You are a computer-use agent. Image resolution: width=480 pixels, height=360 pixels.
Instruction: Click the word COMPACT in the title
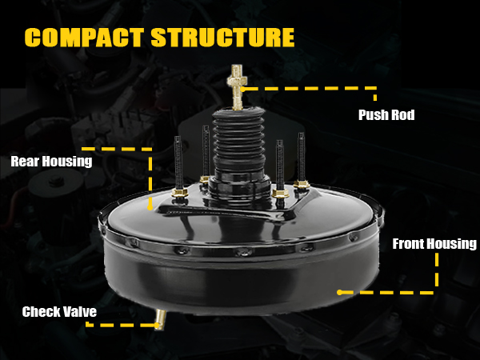click(84, 38)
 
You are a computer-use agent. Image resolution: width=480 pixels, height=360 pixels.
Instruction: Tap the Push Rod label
click(386, 115)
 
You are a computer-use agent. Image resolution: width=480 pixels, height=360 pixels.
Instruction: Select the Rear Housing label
click(51, 161)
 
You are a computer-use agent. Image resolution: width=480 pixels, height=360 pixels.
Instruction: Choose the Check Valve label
click(59, 311)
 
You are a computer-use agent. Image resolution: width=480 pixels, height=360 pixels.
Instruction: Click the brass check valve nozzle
click(159, 320)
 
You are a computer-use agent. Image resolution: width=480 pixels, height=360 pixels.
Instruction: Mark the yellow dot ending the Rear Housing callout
click(149, 206)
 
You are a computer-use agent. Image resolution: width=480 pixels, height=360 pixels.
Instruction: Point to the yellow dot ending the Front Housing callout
click(340, 292)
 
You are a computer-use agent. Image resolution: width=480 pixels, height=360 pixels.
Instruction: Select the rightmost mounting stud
click(302, 160)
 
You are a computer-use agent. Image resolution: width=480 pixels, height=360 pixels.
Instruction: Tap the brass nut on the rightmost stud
click(301, 184)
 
